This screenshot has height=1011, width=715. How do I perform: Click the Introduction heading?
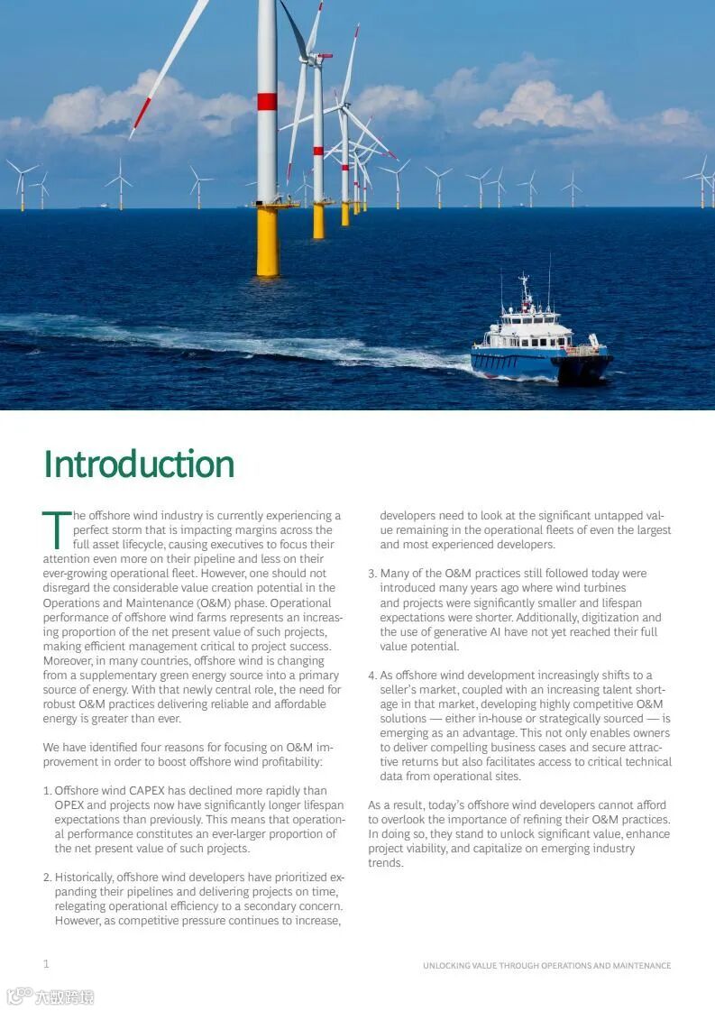pyautogui.click(x=139, y=464)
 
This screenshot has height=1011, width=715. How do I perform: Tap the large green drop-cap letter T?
pyautogui.click(x=56, y=530)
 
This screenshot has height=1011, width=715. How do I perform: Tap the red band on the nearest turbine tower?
pyautogui.click(x=267, y=101)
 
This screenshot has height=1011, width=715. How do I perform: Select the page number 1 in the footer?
pyautogui.click(x=46, y=964)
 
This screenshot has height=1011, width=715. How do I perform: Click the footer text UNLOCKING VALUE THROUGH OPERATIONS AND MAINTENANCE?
pyautogui.click(x=546, y=966)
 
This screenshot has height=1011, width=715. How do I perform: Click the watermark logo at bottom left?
pyautogui.click(x=50, y=997)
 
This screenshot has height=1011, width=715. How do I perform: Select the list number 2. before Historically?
pyautogui.click(x=47, y=878)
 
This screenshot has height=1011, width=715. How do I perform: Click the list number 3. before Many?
pyautogui.click(x=372, y=574)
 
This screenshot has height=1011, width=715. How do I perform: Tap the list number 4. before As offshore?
pyautogui.click(x=372, y=676)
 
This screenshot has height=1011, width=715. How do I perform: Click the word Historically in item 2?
pyautogui.click(x=84, y=878)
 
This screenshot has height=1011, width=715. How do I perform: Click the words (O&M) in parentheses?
pyautogui.click(x=190, y=602)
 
